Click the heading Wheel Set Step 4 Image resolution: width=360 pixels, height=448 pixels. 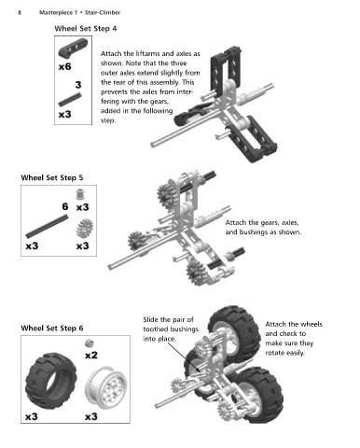(x=86, y=29)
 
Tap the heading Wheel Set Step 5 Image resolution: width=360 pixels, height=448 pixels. (x=52, y=178)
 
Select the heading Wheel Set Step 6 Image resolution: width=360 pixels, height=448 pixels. (x=52, y=329)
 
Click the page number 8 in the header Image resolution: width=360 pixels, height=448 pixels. (x=20, y=12)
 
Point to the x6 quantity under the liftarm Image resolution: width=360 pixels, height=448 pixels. (x=64, y=66)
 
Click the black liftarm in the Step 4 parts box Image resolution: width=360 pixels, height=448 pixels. (x=73, y=49)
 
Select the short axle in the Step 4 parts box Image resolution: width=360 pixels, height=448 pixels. (x=70, y=100)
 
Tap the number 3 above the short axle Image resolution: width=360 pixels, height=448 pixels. (x=78, y=85)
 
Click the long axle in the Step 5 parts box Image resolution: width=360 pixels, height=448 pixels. (x=47, y=226)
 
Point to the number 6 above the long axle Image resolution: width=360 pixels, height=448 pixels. (x=65, y=206)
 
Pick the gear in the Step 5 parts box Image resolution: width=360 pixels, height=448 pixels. (x=85, y=228)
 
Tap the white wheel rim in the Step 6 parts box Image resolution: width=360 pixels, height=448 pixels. (x=106, y=387)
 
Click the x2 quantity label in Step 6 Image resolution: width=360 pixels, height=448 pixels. (x=91, y=355)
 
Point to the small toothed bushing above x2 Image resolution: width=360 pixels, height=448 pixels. (x=89, y=343)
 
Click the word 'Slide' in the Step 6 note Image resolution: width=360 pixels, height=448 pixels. (x=150, y=319)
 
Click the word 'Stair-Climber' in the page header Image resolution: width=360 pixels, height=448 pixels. (x=103, y=13)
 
